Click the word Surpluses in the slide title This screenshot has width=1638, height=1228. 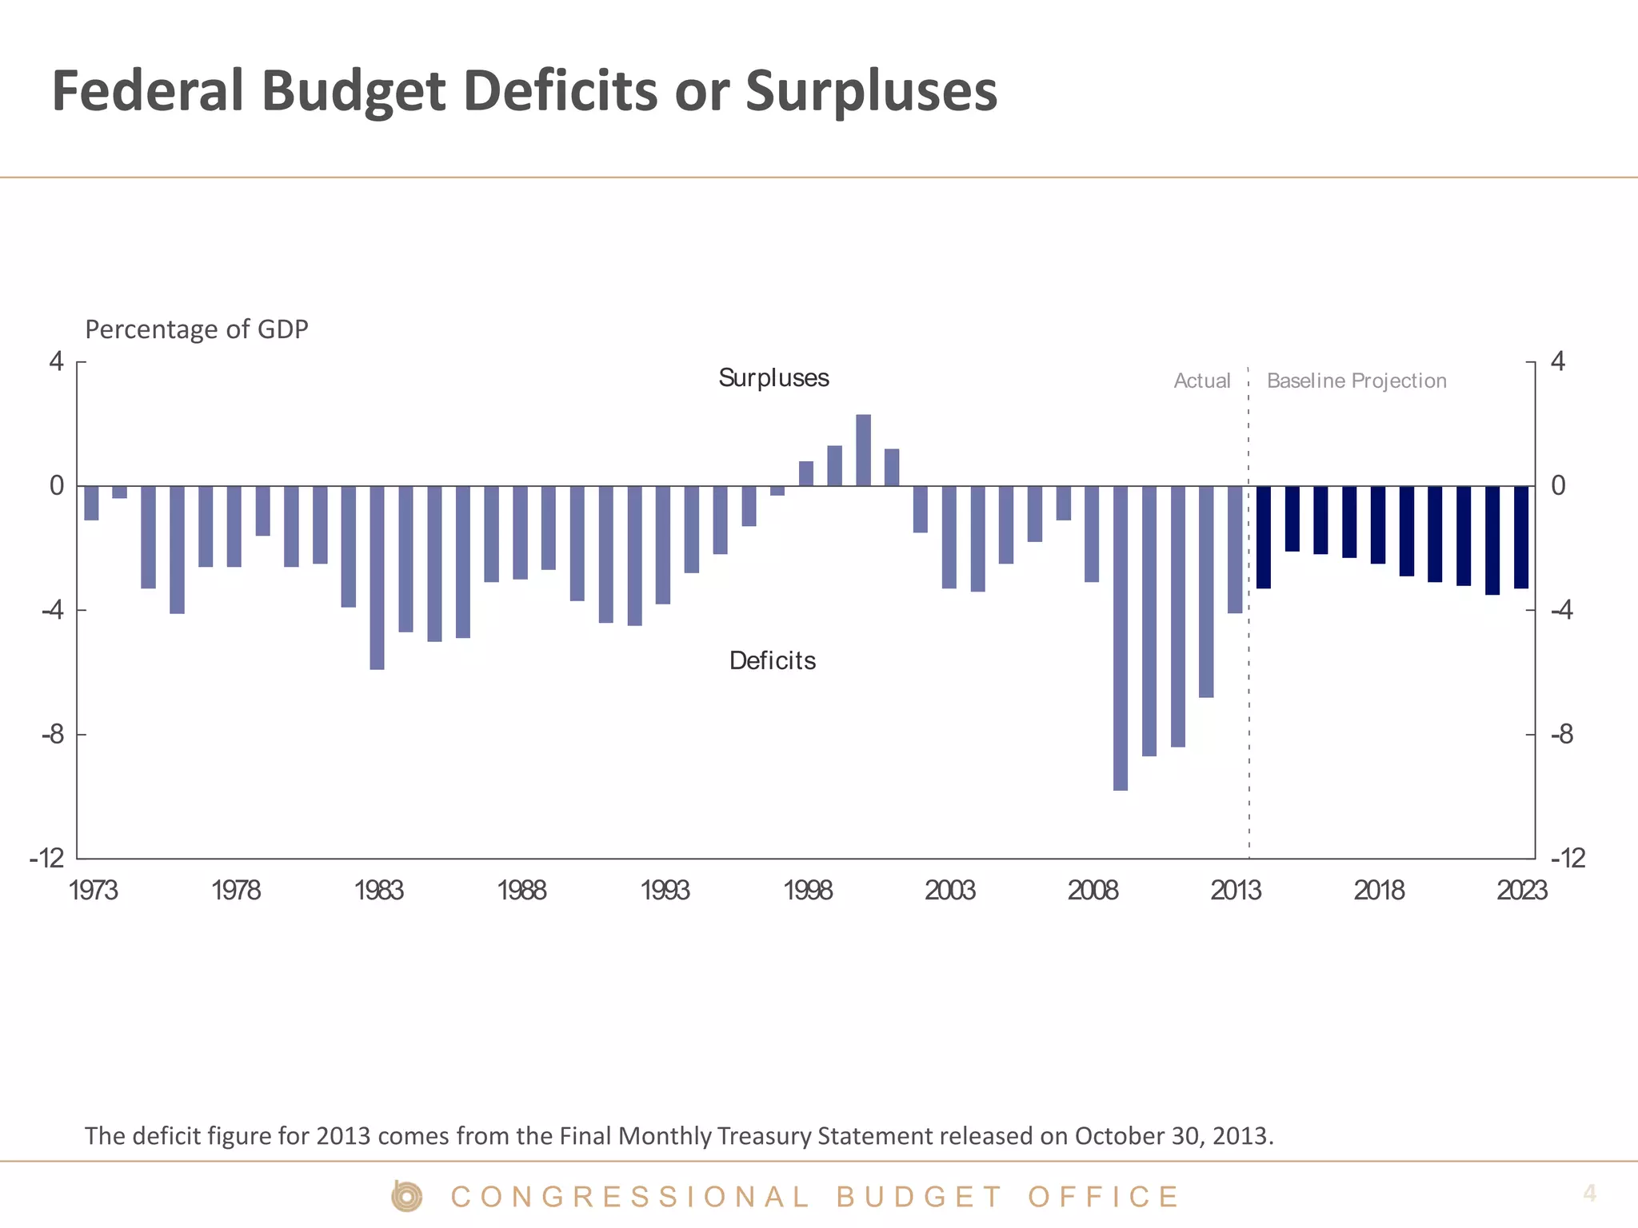[871, 90]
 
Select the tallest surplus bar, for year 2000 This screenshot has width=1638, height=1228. [863, 450]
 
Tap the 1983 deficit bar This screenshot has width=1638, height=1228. [377, 577]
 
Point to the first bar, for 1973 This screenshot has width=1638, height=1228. [91, 503]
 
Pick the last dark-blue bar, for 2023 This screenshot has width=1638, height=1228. [1520, 536]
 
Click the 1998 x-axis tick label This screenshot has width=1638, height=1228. [807, 891]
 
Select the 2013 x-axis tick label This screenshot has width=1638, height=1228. [1235, 891]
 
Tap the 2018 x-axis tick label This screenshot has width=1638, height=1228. [1378, 891]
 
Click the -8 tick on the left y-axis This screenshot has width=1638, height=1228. [53, 735]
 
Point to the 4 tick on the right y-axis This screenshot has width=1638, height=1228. [1557, 362]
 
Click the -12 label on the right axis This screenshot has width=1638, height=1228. [1567, 859]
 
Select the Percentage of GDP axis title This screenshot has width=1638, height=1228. [196, 329]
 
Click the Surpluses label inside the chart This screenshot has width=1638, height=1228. [773, 378]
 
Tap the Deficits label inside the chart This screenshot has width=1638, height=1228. [772, 661]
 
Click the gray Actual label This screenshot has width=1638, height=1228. [1201, 381]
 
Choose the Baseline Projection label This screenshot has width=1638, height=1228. [1356, 381]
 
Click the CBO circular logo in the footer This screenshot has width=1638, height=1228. [406, 1197]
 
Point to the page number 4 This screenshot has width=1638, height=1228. [1589, 1194]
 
